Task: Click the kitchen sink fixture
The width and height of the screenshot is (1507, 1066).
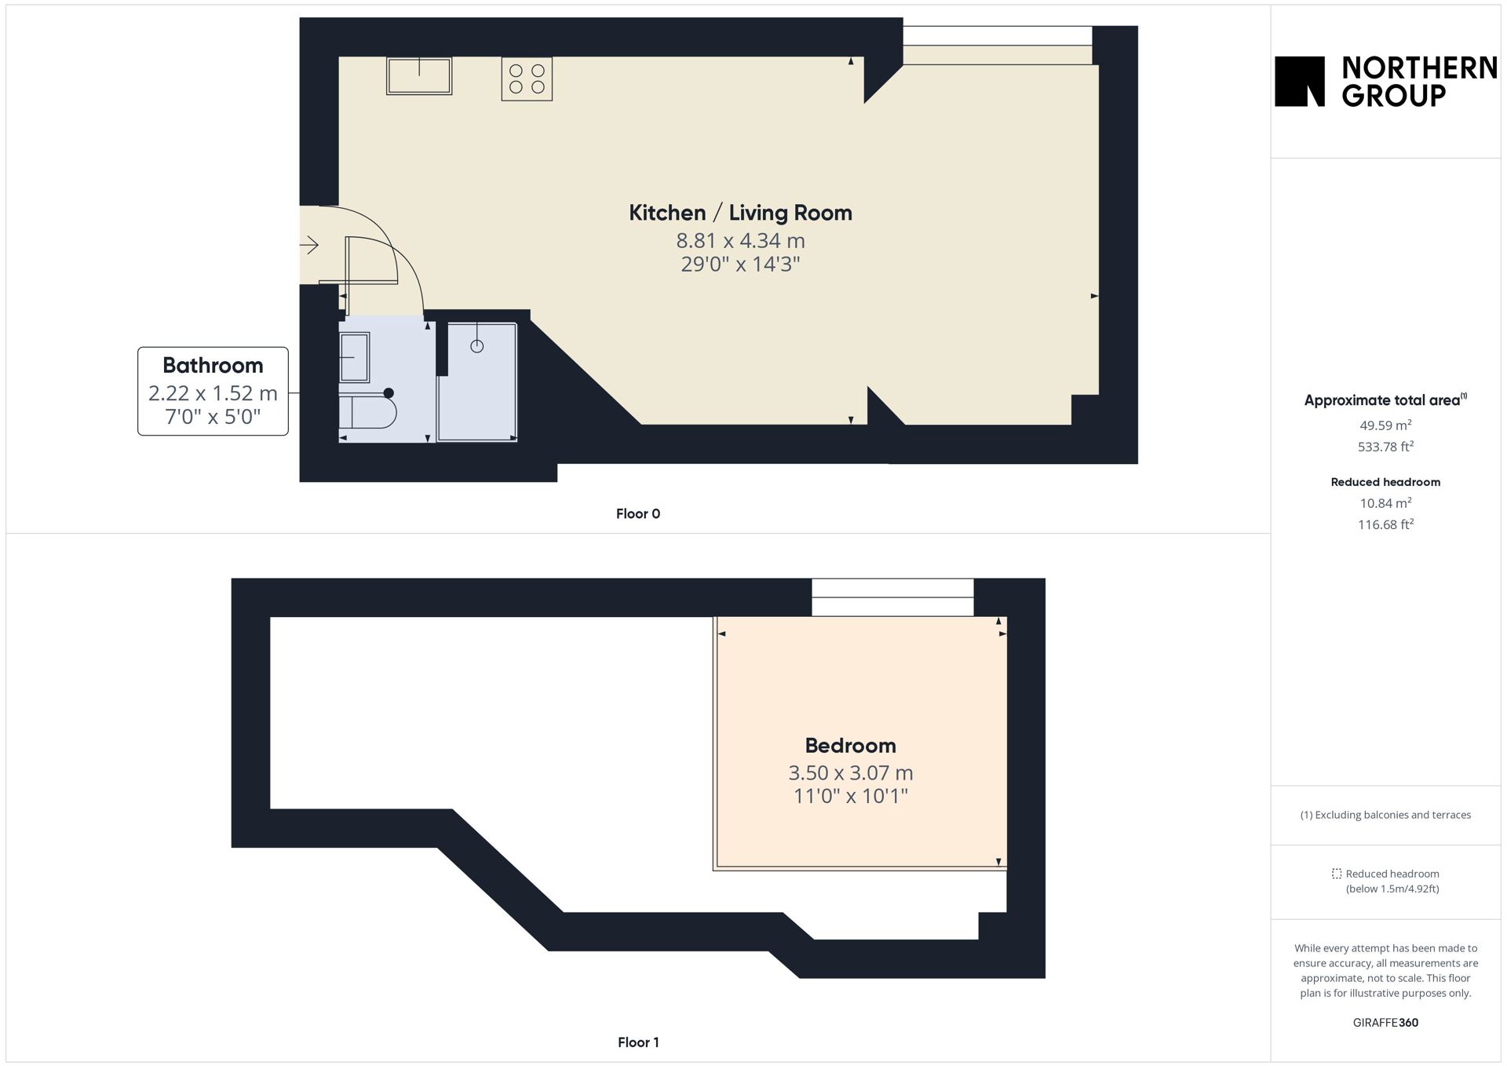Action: pyautogui.click(x=419, y=75)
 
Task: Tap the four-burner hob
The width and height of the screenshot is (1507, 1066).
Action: pyautogui.click(x=527, y=78)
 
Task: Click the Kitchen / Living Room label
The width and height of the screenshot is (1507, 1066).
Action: pyautogui.click(x=740, y=213)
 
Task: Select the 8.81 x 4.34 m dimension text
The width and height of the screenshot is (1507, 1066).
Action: pyautogui.click(x=740, y=240)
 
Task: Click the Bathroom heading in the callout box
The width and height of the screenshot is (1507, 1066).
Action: pyautogui.click(x=213, y=365)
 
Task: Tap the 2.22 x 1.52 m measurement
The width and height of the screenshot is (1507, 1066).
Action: pyautogui.click(x=213, y=392)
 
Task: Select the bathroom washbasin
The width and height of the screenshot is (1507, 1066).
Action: pyautogui.click(x=354, y=357)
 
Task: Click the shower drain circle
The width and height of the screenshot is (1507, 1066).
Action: pyautogui.click(x=477, y=346)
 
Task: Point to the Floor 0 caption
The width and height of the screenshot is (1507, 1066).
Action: pyautogui.click(x=638, y=514)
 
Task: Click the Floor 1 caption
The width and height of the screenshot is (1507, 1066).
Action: pyautogui.click(x=638, y=1042)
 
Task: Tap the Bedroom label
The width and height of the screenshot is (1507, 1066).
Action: pyautogui.click(x=850, y=745)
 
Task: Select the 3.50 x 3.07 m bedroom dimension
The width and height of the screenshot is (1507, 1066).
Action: pyautogui.click(x=851, y=772)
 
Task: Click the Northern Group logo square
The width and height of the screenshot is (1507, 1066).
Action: pyautogui.click(x=1300, y=81)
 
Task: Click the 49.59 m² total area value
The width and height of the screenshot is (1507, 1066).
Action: pyautogui.click(x=1385, y=425)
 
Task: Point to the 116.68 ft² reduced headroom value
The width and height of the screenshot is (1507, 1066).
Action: pyautogui.click(x=1385, y=524)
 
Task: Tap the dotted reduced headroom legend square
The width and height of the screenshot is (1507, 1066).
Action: pyautogui.click(x=1337, y=874)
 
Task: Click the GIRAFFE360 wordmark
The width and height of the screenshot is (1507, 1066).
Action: pyautogui.click(x=1385, y=1023)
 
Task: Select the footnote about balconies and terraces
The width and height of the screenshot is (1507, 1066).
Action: pyautogui.click(x=1385, y=815)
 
